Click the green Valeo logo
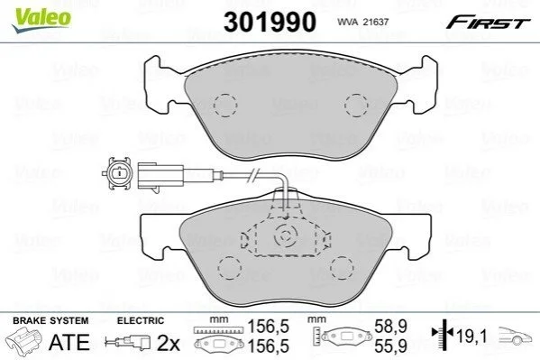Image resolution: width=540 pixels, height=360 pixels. [41, 20]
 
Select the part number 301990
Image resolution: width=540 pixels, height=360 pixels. [270, 22]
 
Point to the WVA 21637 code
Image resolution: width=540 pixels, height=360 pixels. [362, 22]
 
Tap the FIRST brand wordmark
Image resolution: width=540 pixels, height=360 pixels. [488, 23]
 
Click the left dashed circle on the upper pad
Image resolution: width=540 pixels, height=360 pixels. [225, 105]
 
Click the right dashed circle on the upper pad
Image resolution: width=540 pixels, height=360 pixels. [356, 106]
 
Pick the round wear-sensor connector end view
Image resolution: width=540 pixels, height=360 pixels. [118, 172]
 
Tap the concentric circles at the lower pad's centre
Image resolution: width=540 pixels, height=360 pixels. [285, 236]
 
